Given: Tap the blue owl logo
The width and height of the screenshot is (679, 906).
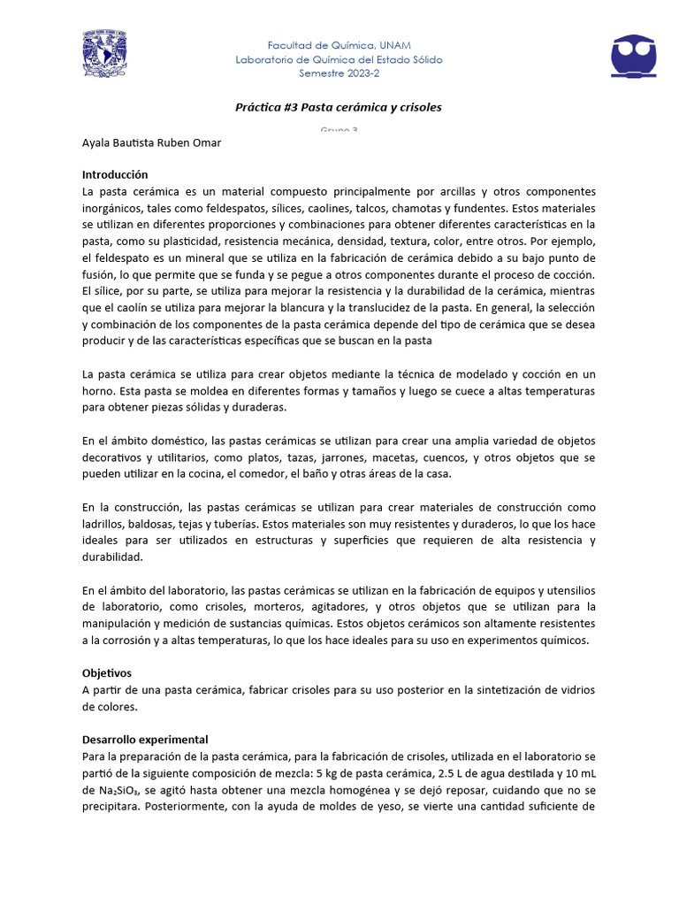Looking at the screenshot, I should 634,55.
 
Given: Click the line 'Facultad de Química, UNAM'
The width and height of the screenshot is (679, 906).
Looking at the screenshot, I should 339,45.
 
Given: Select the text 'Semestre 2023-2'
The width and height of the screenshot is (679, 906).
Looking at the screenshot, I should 339,73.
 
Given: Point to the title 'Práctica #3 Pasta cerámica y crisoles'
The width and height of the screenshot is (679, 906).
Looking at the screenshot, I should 339,107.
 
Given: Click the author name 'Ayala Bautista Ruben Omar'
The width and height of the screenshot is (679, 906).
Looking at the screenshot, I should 151,143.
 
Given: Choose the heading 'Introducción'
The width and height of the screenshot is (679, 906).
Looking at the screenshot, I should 115,175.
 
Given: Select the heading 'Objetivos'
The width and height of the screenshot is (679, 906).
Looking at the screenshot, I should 108,673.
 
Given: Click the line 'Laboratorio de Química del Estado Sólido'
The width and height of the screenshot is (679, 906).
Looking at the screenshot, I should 339,59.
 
